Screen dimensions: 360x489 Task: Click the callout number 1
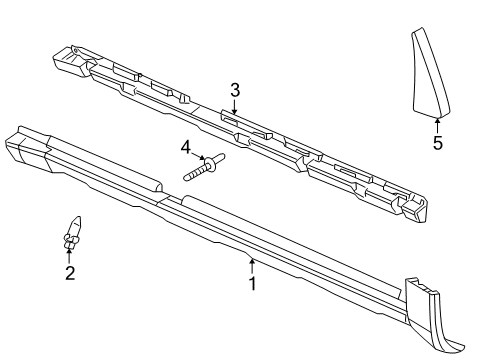click(x=253, y=284)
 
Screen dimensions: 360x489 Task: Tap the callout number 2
click(x=69, y=273)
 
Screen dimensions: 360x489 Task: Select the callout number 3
click(x=235, y=91)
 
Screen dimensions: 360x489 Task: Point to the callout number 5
click(x=437, y=143)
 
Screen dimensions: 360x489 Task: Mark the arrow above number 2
click(x=69, y=256)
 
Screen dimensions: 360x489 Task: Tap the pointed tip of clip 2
click(x=77, y=219)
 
